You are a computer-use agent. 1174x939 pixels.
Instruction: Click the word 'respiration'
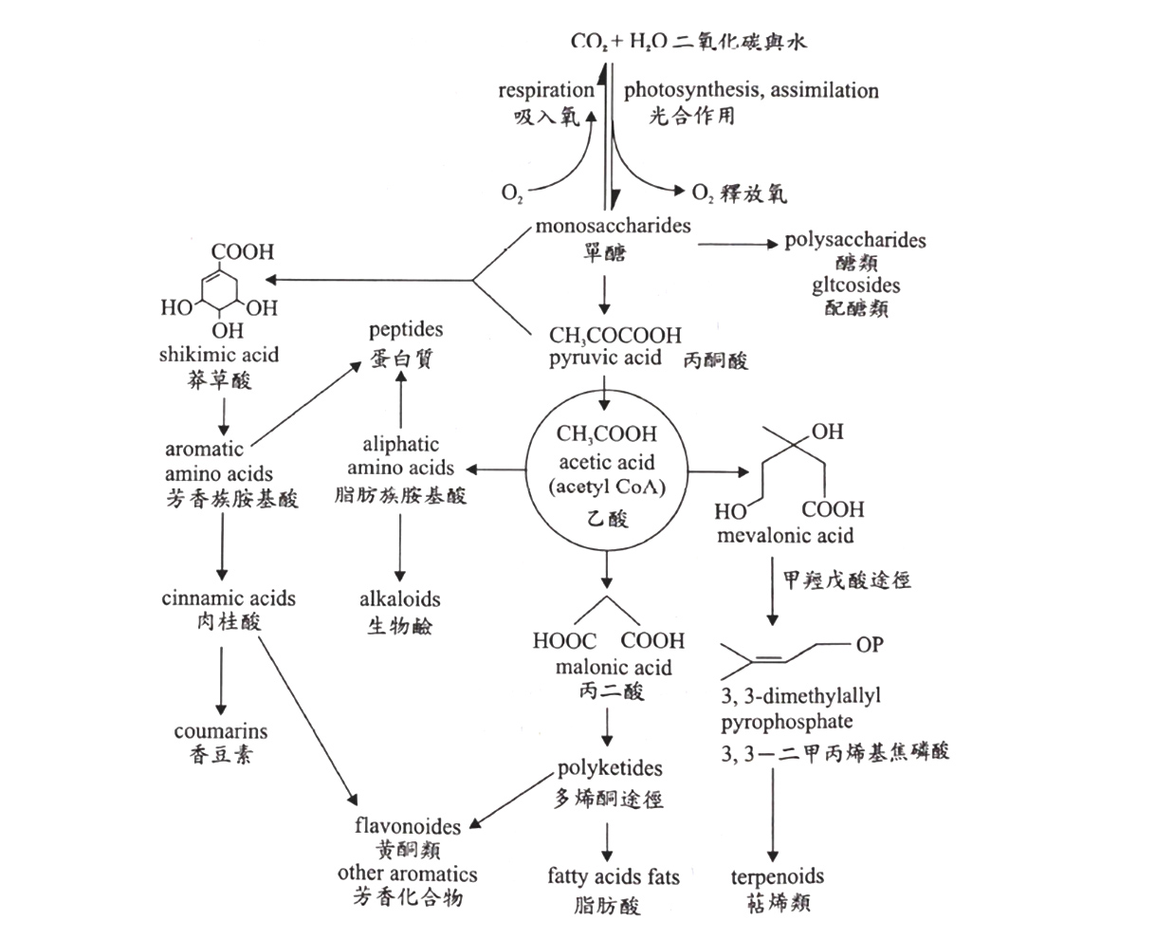point(546,90)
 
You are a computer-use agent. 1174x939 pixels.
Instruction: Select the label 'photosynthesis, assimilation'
point(751,90)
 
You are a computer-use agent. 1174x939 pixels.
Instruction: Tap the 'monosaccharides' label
point(613,226)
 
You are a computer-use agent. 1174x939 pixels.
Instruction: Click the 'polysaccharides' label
point(855,240)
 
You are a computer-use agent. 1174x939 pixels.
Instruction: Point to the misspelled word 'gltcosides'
point(855,285)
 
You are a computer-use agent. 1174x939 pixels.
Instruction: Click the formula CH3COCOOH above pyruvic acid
point(615,335)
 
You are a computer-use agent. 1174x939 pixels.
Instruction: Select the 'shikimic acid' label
point(219,355)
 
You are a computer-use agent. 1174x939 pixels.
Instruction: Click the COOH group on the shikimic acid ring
point(242,252)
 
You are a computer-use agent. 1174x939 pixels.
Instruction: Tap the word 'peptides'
point(406,329)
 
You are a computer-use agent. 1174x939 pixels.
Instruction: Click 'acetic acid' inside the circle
point(607,462)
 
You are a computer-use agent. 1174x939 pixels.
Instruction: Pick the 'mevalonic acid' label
point(785,536)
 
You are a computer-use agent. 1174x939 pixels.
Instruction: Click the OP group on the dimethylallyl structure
point(870,644)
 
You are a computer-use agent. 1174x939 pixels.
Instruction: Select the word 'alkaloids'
point(400,599)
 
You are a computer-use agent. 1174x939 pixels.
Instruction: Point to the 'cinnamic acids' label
point(229,598)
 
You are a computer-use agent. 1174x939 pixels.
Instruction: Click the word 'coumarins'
point(221,731)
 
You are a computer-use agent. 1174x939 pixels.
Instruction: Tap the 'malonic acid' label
point(614,667)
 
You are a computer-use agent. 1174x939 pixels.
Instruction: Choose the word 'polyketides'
point(610,768)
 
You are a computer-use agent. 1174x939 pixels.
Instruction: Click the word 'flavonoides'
point(408,826)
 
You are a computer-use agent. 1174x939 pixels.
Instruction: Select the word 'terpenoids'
point(778,876)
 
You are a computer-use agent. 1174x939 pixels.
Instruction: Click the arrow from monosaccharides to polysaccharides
point(738,245)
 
